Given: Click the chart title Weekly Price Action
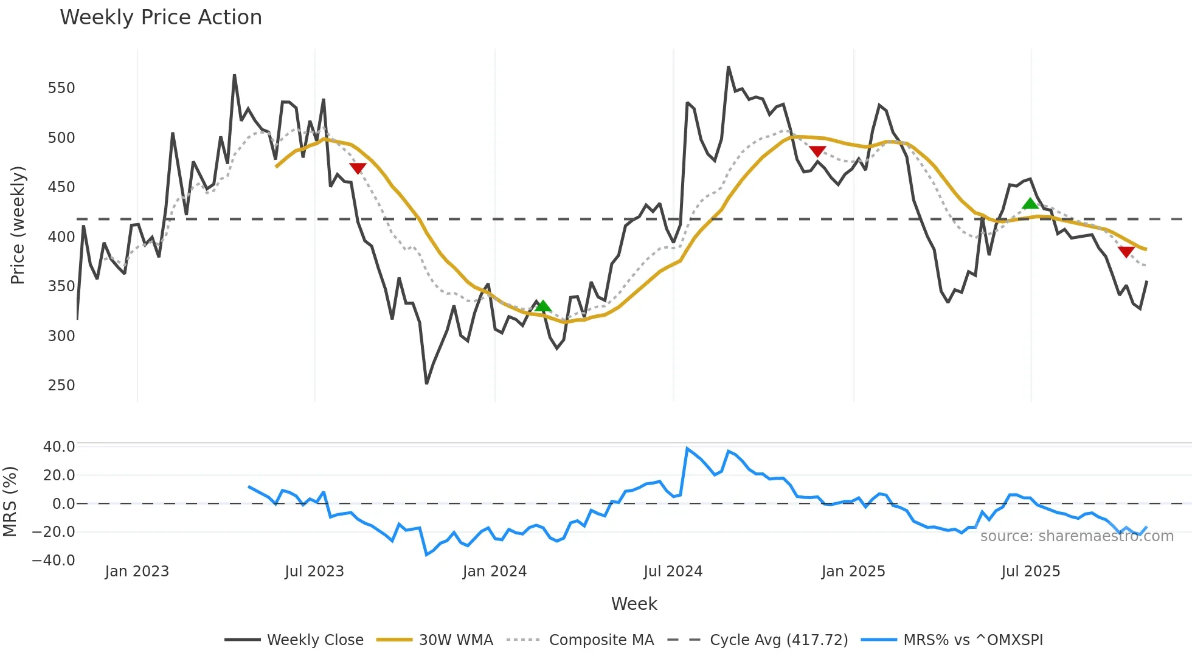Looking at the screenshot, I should [x=161, y=18].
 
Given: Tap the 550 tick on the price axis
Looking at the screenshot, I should [x=61, y=88].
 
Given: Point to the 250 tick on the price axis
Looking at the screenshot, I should [x=61, y=385].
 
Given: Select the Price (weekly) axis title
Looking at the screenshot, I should [x=18, y=225].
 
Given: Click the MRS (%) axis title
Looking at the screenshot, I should [x=10, y=502].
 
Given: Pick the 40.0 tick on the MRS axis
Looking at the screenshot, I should [x=59, y=447].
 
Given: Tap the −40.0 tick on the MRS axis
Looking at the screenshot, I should [x=54, y=561].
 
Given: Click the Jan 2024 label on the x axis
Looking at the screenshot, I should [x=494, y=572].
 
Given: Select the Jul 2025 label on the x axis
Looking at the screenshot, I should [x=1031, y=572].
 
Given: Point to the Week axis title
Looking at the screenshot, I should [x=634, y=604].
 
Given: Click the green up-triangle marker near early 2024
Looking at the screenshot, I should [x=543, y=306].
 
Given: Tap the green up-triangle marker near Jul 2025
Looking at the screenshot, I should [x=1030, y=204].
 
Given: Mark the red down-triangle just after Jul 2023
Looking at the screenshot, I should [x=358, y=168].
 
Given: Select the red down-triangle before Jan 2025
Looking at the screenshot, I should [x=817, y=151].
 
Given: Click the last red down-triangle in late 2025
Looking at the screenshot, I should [x=1126, y=252].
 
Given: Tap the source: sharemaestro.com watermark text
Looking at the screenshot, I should [x=1076, y=536].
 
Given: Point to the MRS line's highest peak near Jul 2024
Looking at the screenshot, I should [x=687, y=449].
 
